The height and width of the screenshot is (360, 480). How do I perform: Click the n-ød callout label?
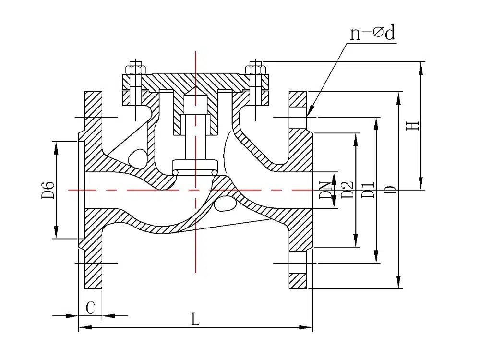click(373, 33)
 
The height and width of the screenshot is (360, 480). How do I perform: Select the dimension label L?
click(195, 319)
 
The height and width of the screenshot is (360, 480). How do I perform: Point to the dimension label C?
click(90, 308)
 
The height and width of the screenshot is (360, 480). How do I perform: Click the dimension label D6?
click(48, 190)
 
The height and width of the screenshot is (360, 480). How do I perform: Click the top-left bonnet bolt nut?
click(136, 69)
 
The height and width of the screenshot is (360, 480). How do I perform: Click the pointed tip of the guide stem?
click(195, 91)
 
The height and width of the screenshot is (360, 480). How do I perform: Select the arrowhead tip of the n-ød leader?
click(308, 114)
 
